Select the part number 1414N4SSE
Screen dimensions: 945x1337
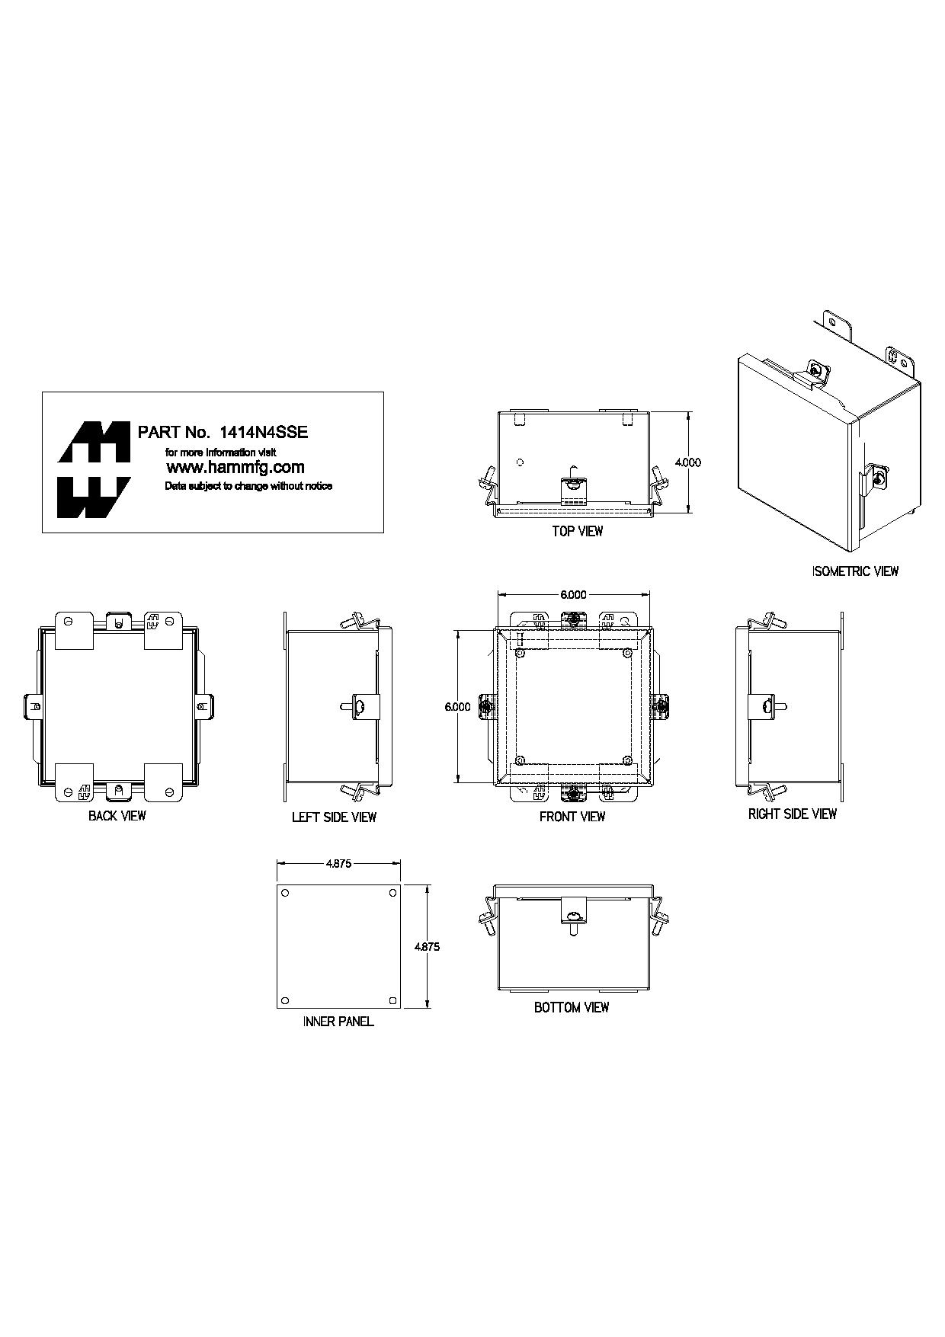tap(264, 432)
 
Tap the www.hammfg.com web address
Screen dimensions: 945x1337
tap(235, 468)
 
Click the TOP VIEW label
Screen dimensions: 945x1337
tap(578, 532)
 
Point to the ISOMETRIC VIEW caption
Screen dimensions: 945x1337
tap(856, 571)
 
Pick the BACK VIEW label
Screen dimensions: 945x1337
tap(117, 816)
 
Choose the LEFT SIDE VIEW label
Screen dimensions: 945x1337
tap(334, 817)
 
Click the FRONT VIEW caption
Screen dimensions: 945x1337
tap(572, 817)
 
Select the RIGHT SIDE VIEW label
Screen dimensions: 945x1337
tap(793, 814)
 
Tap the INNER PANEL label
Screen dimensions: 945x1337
tap(338, 1022)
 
